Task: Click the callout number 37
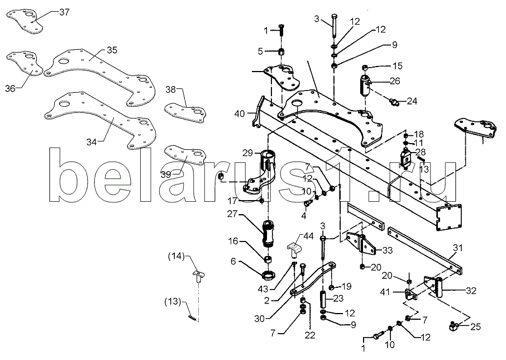[64, 13]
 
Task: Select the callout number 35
[112, 50]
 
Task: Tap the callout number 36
[10, 88]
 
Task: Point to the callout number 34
[92, 142]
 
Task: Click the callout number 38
[171, 89]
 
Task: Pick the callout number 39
[166, 174]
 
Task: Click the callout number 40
[240, 113]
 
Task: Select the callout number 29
[247, 153]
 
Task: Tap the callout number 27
[232, 214]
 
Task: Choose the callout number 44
[308, 236]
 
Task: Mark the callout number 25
[476, 327]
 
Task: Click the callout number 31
[457, 248]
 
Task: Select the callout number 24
[412, 101]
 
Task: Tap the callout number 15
[398, 66]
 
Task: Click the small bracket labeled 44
[294, 249]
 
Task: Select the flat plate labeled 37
[25, 21]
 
